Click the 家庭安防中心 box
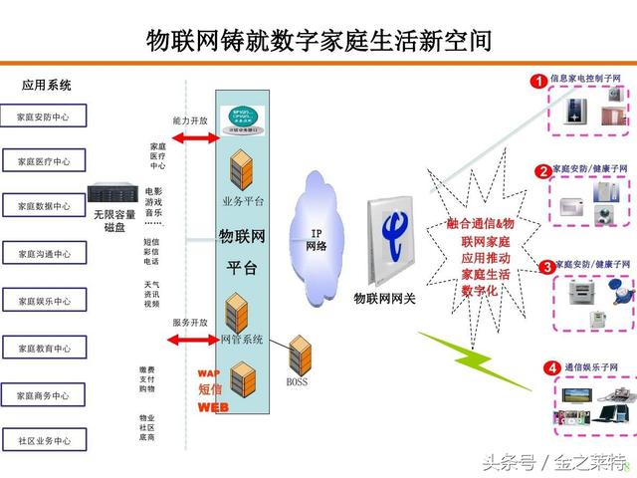click(44, 117)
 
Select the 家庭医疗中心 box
click(44, 161)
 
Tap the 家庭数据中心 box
click(44, 206)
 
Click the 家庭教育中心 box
click(44, 349)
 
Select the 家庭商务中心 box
click(44, 395)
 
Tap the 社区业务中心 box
click(44, 440)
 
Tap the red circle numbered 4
click(551, 368)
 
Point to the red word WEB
click(212, 407)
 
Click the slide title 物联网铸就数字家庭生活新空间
click(318, 40)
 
